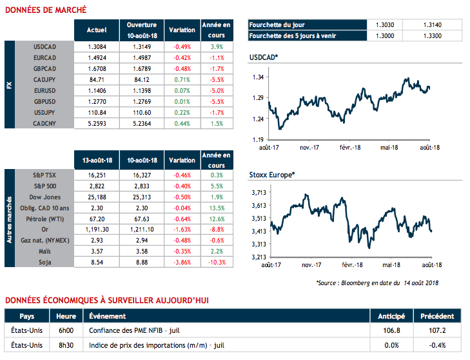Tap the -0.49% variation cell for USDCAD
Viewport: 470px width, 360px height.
coord(182,46)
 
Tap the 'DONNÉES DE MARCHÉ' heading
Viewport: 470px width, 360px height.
coord(44,10)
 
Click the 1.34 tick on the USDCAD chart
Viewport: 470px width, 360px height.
coord(258,77)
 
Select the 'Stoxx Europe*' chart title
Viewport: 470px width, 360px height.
coord(271,175)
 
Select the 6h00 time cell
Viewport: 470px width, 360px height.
coord(65,329)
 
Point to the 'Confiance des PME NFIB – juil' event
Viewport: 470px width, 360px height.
coord(133,329)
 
